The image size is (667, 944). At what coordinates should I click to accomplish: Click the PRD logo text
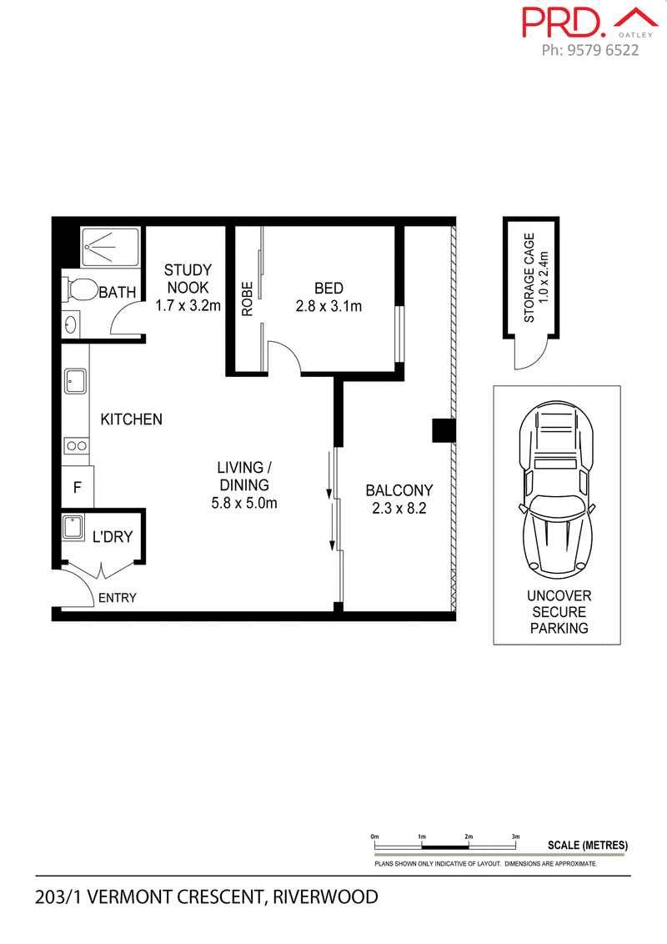[564, 23]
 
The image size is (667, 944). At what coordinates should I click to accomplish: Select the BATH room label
[118, 293]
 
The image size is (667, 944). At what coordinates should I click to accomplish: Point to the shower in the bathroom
[110, 247]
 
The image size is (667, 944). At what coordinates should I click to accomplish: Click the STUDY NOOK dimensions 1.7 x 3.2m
[188, 306]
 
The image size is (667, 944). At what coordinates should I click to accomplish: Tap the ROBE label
[247, 299]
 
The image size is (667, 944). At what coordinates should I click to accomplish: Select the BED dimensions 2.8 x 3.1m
[328, 306]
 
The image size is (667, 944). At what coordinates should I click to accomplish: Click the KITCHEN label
[131, 419]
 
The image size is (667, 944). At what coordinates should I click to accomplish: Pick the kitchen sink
[75, 381]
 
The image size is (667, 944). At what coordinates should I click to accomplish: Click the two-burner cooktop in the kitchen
[77, 446]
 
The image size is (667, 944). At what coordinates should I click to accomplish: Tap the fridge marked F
[78, 486]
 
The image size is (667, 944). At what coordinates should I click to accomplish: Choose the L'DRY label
[113, 536]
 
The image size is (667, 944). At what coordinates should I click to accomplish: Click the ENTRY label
[118, 598]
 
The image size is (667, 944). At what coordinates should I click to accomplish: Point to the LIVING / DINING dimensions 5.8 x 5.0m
[244, 504]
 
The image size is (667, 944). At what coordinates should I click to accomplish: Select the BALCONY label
[399, 490]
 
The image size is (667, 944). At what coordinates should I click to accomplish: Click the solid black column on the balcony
[444, 430]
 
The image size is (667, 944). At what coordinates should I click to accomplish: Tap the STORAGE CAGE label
[529, 278]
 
